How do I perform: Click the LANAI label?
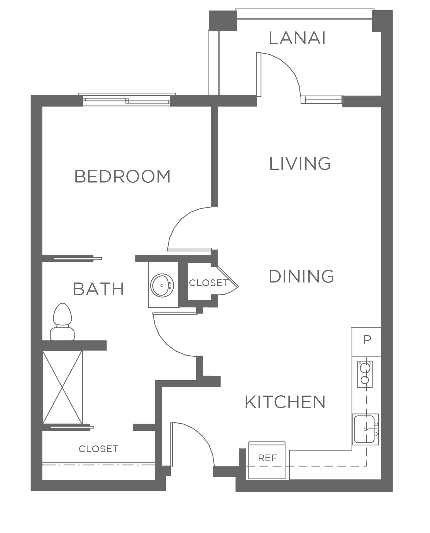point(297,38)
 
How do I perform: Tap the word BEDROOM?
point(122,176)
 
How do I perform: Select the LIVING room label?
point(300,163)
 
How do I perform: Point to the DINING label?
point(301,276)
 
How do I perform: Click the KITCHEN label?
point(285,402)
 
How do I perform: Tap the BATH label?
point(99,289)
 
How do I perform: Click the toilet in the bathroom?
point(62,322)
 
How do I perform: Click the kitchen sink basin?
point(365,429)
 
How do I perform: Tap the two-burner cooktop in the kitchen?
point(365,374)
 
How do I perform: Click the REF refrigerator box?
point(267,460)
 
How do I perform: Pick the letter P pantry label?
point(367,340)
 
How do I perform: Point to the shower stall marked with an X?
point(63,387)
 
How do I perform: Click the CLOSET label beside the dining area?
point(208,283)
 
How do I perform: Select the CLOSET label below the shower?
point(98,449)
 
